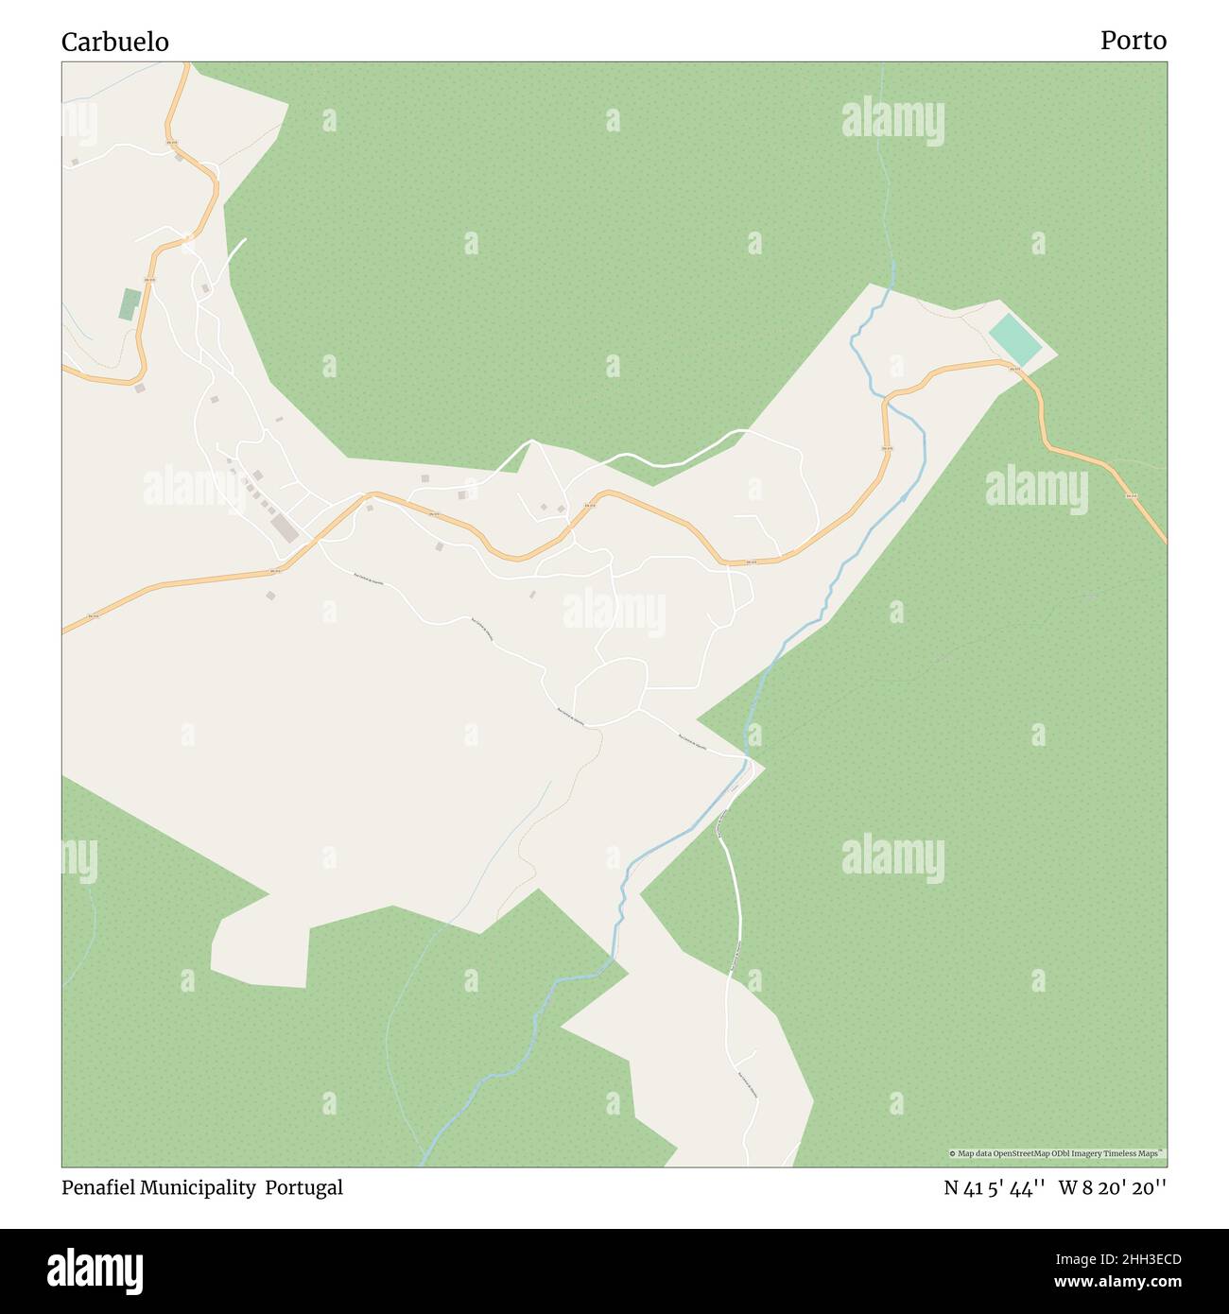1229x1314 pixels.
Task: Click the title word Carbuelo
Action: click(115, 42)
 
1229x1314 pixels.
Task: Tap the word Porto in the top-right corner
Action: click(1133, 41)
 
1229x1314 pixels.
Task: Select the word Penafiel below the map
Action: click(98, 1187)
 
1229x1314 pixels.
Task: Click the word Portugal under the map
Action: click(303, 1187)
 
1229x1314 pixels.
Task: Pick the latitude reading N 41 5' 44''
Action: click(994, 1187)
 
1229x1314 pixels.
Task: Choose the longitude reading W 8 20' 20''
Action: click(1113, 1187)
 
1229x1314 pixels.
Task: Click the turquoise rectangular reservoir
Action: click(1015, 340)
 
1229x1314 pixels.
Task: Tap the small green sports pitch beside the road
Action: click(130, 303)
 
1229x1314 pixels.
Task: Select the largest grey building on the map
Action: click(284, 527)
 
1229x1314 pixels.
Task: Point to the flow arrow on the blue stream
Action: click(905, 495)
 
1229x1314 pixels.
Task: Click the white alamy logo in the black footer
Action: click(95, 1271)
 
